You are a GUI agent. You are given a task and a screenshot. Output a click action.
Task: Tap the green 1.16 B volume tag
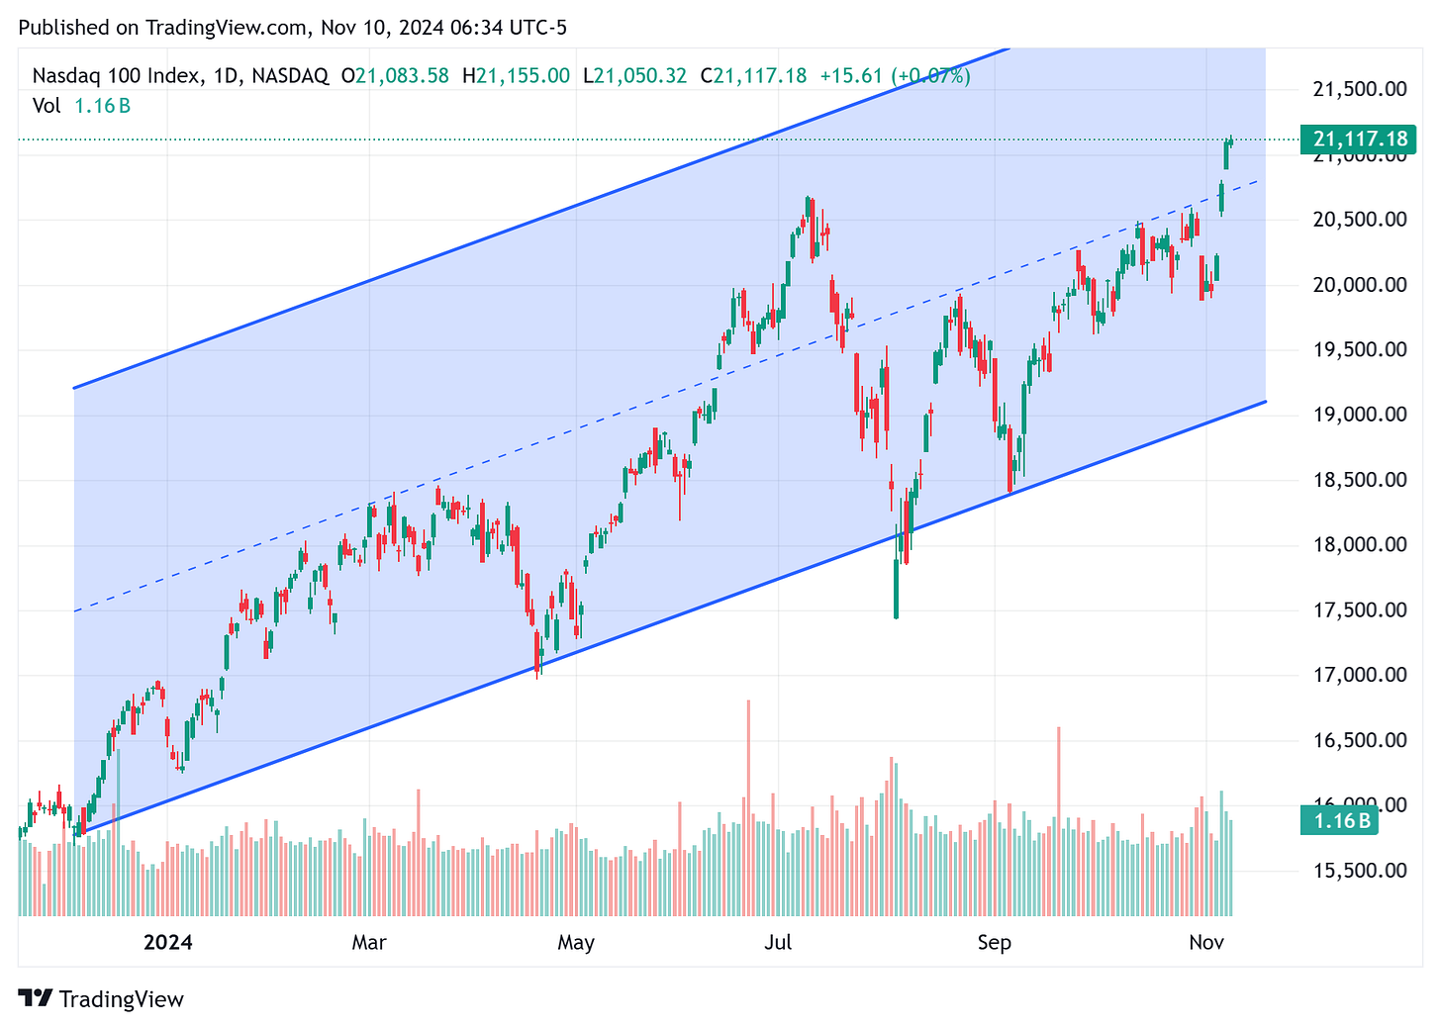(x=1341, y=820)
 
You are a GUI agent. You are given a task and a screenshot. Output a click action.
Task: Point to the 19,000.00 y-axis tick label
(x=1359, y=415)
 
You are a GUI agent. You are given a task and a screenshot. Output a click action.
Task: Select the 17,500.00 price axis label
(x=1359, y=609)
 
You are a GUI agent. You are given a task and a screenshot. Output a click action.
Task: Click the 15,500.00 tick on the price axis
(x=1359, y=871)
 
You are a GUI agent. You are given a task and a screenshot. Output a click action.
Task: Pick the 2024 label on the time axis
(x=168, y=942)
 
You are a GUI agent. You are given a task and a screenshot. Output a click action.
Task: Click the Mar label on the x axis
(x=369, y=942)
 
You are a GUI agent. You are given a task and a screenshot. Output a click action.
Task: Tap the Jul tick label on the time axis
(x=778, y=942)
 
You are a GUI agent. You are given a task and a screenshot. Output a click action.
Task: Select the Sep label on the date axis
(x=994, y=942)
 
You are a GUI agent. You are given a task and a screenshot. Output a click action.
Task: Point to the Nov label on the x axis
(x=1206, y=942)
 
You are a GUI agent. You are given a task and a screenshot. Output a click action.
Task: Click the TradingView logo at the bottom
(x=101, y=999)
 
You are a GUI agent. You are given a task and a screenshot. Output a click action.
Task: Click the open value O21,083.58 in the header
(x=395, y=76)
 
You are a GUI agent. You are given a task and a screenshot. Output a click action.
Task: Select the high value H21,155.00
(x=516, y=76)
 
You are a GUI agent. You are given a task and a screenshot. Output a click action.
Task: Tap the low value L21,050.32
(x=633, y=76)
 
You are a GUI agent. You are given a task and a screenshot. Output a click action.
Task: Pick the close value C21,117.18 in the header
(x=753, y=76)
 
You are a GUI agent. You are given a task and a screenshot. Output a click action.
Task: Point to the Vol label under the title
(x=47, y=106)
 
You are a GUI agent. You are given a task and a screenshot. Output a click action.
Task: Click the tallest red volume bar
(x=748, y=806)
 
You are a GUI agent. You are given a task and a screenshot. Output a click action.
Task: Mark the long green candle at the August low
(x=896, y=589)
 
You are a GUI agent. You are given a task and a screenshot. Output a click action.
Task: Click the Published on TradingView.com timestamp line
(x=293, y=28)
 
